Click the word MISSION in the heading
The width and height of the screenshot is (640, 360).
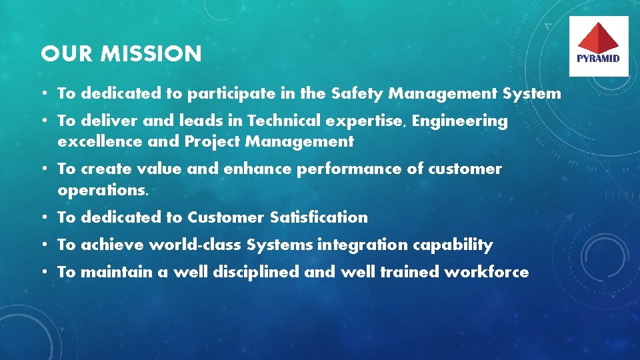(x=151, y=54)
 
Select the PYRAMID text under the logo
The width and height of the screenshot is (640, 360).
(x=598, y=58)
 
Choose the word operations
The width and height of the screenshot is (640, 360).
(x=103, y=190)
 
